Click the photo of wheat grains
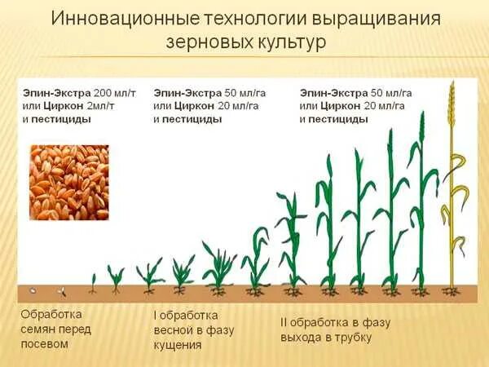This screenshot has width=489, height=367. [x=68, y=183]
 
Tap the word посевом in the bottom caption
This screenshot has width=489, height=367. [x=44, y=343]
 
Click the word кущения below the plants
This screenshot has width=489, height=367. [x=178, y=344]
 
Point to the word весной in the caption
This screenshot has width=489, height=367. [x=175, y=329]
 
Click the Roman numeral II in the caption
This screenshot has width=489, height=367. [x=273, y=322]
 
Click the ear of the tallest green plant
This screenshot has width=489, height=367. [x=421, y=126]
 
